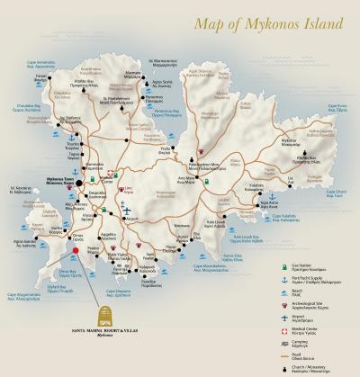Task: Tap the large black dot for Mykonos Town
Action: click(x=79, y=183)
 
